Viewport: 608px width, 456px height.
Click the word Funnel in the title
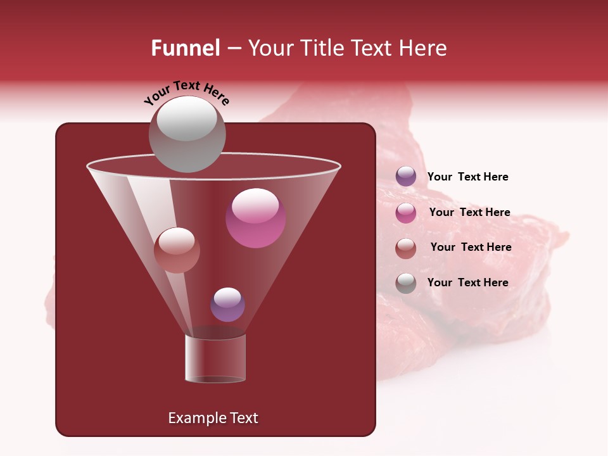pyautogui.click(x=185, y=48)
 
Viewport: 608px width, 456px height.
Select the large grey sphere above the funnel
pyautogui.click(x=187, y=134)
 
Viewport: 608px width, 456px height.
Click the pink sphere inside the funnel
pyautogui.click(x=255, y=218)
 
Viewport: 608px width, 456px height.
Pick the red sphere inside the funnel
pyautogui.click(x=177, y=250)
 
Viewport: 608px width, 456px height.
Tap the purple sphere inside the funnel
pyautogui.click(x=227, y=305)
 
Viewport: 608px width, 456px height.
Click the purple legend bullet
pyautogui.click(x=406, y=177)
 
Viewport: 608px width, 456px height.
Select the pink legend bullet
pyautogui.click(x=406, y=213)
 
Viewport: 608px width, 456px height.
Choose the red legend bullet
pyautogui.click(x=406, y=248)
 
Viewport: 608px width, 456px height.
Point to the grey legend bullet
pyautogui.click(x=406, y=283)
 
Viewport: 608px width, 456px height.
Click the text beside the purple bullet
pyautogui.click(x=467, y=177)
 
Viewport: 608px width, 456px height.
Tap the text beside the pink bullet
pyautogui.click(x=469, y=212)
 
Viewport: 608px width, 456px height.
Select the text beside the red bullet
pyautogui.click(x=471, y=247)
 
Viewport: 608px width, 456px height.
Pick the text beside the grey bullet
pyautogui.click(x=467, y=282)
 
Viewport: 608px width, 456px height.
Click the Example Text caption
pyautogui.click(x=213, y=418)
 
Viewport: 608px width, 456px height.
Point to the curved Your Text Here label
pyautogui.click(x=187, y=92)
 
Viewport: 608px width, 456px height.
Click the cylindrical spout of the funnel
pyautogui.click(x=215, y=358)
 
